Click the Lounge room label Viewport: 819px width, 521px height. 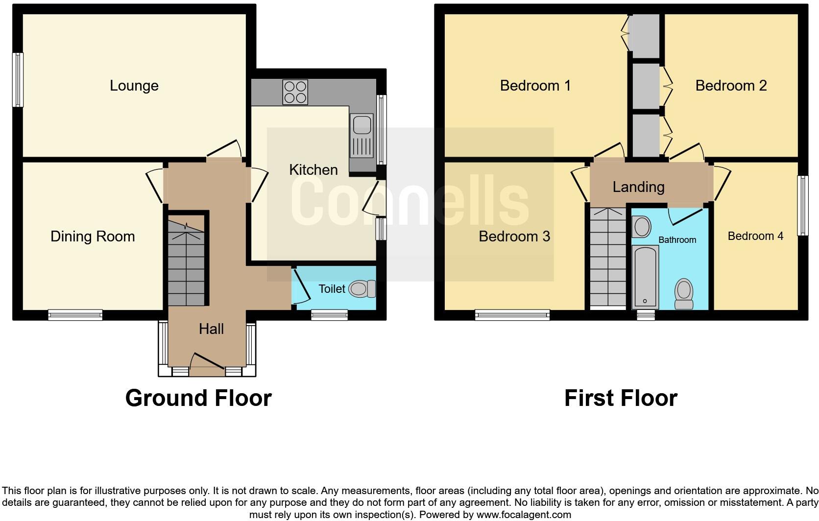click(x=134, y=86)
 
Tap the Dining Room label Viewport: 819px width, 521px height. click(x=93, y=237)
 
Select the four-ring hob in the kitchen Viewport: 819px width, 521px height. click(x=295, y=92)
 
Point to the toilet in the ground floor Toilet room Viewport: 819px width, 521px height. click(x=363, y=289)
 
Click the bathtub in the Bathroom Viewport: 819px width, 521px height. click(x=645, y=277)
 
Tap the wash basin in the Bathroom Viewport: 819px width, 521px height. click(x=641, y=227)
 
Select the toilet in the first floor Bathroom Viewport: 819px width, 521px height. click(x=684, y=294)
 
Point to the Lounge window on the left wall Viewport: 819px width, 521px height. click(x=18, y=80)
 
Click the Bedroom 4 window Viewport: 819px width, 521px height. click(x=802, y=206)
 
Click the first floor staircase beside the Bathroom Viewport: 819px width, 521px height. click(x=608, y=257)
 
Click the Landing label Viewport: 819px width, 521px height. click(x=638, y=187)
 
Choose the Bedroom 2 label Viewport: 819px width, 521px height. click(x=731, y=86)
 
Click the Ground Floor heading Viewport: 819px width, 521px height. click(x=198, y=398)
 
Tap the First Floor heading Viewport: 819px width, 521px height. click(x=621, y=398)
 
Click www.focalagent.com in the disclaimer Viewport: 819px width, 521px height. click(x=524, y=515)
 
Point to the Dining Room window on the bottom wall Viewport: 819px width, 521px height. click(x=75, y=315)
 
